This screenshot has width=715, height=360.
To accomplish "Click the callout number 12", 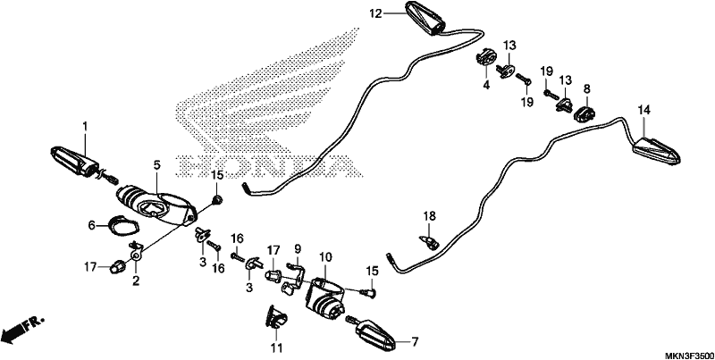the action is [375, 13].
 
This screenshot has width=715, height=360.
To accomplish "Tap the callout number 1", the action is [84, 124].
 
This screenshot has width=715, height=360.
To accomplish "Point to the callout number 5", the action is [157, 165].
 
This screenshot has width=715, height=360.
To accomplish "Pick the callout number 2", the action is [136, 280].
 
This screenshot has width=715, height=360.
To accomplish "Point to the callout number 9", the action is [298, 249].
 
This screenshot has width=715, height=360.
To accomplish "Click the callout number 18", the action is [429, 215].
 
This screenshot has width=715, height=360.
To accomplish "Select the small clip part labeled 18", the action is [429, 242].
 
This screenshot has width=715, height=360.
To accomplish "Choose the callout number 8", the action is [586, 88].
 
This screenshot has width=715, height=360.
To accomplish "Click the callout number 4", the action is [486, 84].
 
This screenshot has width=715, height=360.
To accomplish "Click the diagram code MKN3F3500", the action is [689, 355].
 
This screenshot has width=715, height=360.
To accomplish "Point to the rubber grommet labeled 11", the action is [276, 317].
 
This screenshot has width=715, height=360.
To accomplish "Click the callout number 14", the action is [643, 110].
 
